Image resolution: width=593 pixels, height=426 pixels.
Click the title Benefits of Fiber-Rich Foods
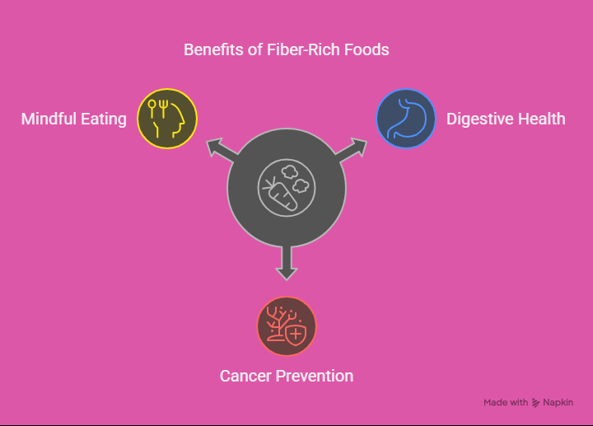pyautogui.click(x=287, y=50)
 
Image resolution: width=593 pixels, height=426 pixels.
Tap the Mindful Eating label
pyautogui.click(x=74, y=119)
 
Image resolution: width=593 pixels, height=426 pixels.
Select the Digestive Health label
pyautogui.click(x=506, y=119)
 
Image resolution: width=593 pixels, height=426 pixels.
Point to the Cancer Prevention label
pyautogui.click(x=287, y=376)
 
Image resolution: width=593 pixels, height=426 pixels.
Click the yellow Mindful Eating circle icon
pyautogui.click(x=167, y=119)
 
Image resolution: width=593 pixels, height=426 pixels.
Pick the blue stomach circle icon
pyautogui.click(x=406, y=119)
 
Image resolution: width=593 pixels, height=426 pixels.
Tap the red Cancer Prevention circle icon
pyautogui.click(x=287, y=326)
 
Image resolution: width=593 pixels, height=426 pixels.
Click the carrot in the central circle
pyautogui.click(x=281, y=194)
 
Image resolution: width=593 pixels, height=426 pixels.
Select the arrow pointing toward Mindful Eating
pyautogui.click(x=222, y=152)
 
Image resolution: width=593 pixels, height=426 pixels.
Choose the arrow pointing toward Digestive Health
pyautogui.click(x=351, y=152)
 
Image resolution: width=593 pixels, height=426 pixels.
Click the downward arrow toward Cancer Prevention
pyautogui.click(x=287, y=263)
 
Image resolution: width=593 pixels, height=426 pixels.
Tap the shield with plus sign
pyautogui.click(x=296, y=334)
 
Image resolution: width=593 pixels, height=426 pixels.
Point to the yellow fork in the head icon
pyautogui.click(x=163, y=109)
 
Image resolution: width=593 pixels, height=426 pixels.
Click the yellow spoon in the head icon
pyautogui.click(x=152, y=109)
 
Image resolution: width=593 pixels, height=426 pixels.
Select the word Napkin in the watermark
pyautogui.click(x=558, y=403)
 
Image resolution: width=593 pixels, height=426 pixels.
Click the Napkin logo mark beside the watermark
pyautogui.click(x=535, y=403)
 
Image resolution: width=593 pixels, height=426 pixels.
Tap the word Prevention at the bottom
pyautogui.click(x=315, y=376)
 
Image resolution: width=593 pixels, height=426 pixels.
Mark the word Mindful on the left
pyautogui.click(x=49, y=119)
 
